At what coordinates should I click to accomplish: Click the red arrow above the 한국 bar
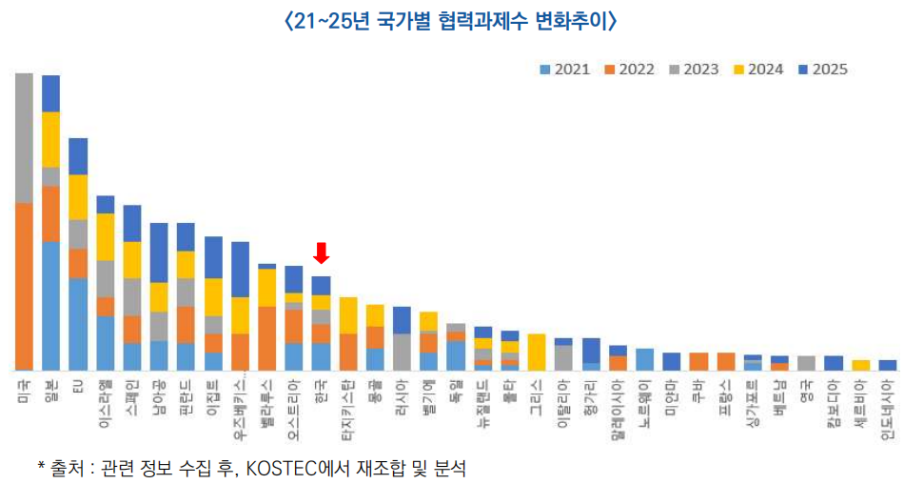[322, 252]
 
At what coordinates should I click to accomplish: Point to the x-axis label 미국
[24, 389]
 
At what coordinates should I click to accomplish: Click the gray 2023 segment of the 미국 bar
[25, 138]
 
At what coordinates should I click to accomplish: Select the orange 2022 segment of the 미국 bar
[25, 286]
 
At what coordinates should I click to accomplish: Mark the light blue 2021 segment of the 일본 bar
[51, 305]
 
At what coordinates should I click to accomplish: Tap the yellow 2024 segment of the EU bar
[78, 197]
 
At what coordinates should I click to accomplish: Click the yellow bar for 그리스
[537, 352]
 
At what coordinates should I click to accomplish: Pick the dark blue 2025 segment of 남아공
[159, 252]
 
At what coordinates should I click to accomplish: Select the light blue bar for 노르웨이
[645, 359]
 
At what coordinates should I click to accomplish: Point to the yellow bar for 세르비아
[861, 365]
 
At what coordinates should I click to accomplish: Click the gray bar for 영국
[807, 362]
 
